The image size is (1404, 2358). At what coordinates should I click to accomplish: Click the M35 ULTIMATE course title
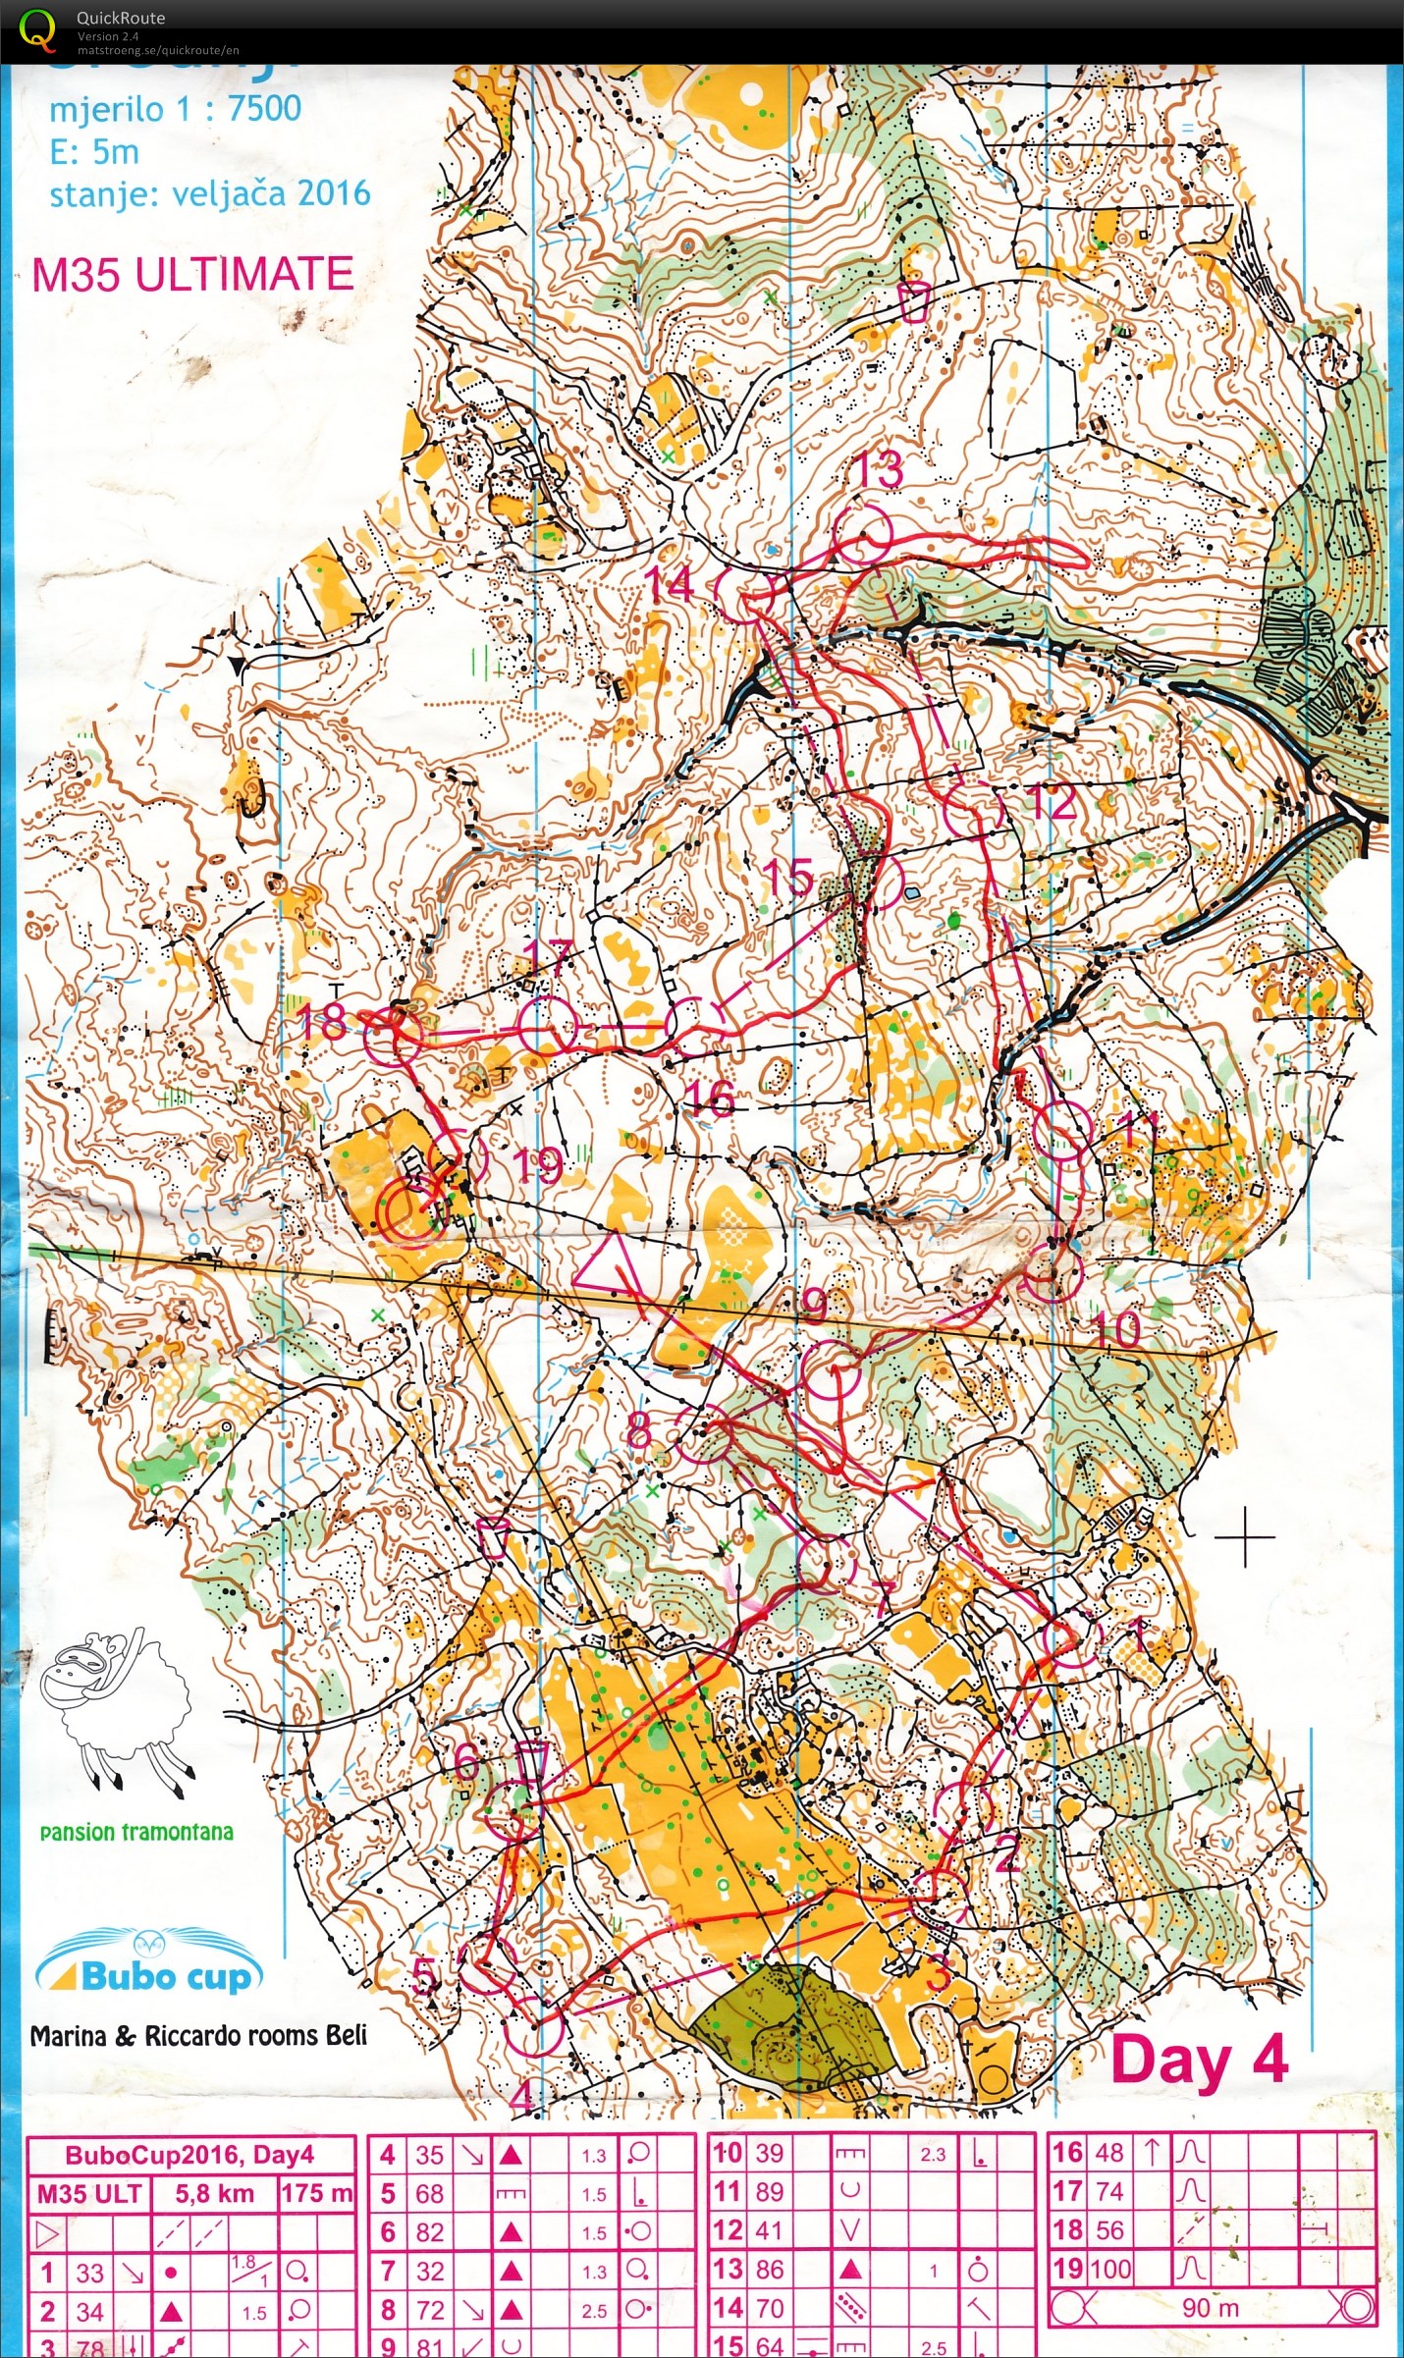192,275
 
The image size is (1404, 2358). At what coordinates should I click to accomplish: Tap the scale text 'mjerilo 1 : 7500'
175,109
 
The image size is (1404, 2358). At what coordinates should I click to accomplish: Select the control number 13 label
879,469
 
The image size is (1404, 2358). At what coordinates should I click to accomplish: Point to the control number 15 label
787,876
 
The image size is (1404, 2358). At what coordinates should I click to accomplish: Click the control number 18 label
321,1023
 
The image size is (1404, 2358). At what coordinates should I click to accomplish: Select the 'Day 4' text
1199,2059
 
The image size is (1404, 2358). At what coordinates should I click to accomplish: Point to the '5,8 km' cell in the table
214,2193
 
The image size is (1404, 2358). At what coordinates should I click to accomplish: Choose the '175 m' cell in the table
316,2193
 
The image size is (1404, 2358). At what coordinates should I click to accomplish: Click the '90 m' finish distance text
1210,2308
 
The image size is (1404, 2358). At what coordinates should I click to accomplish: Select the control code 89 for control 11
769,2191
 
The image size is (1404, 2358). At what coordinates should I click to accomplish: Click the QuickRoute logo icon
37,29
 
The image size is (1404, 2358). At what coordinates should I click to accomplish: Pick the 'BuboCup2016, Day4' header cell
189,2155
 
